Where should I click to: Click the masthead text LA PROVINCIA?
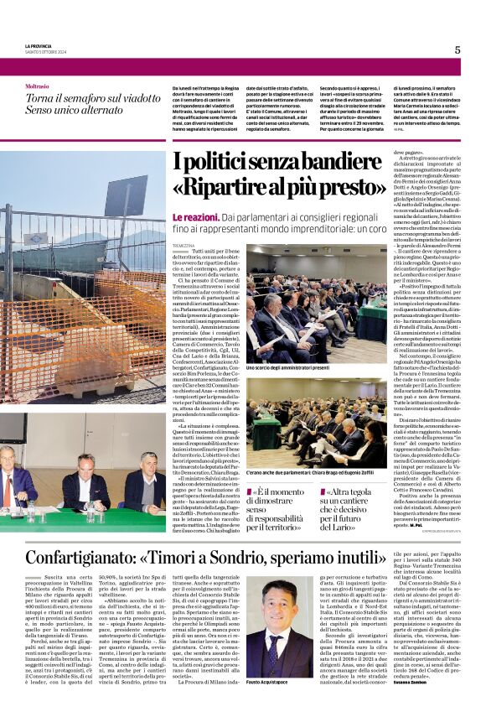click(x=41, y=45)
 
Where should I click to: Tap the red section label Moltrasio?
click(x=37, y=86)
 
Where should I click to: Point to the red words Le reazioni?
click(x=194, y=216)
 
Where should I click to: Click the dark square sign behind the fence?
click(x=125, y=195)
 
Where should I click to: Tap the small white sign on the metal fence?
click(x=36, y=239)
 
